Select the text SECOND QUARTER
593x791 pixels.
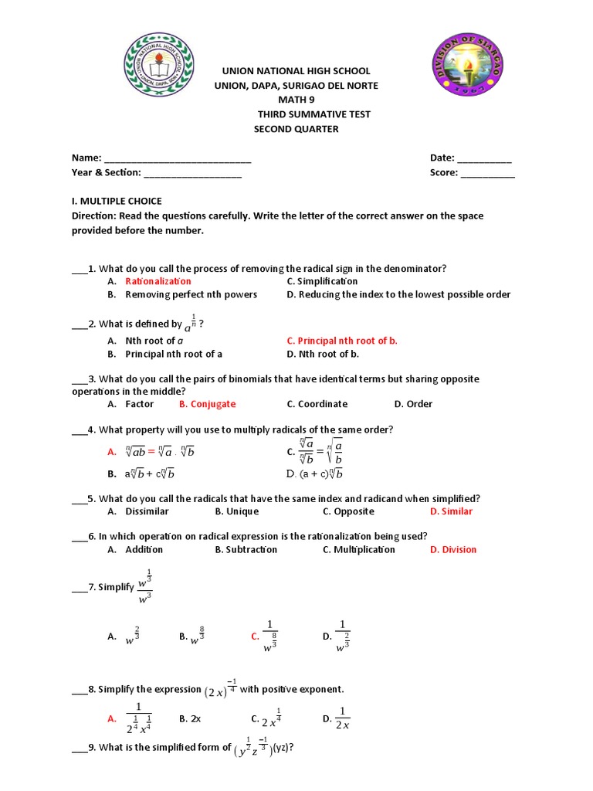(296, 129)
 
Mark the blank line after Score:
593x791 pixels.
(488, 174)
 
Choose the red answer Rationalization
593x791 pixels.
(158, 281)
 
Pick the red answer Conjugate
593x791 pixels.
(207, 404)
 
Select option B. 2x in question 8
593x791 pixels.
(190, 718)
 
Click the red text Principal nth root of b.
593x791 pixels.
(342, 341)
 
